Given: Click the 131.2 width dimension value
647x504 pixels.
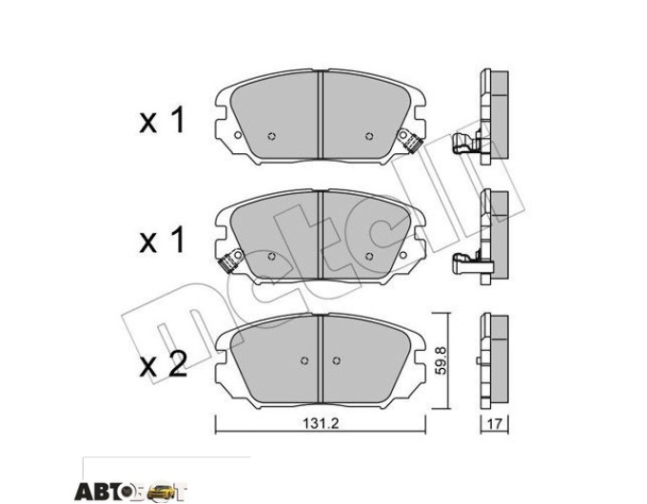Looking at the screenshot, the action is [321, 423].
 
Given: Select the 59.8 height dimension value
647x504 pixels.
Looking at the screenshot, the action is [441, 360].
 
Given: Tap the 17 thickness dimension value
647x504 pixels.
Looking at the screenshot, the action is [495, 423].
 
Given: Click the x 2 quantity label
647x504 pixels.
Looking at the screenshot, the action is [163, 366].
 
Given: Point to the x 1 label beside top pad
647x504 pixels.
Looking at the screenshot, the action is [162, 121].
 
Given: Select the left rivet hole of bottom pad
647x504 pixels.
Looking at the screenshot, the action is [304, 360].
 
